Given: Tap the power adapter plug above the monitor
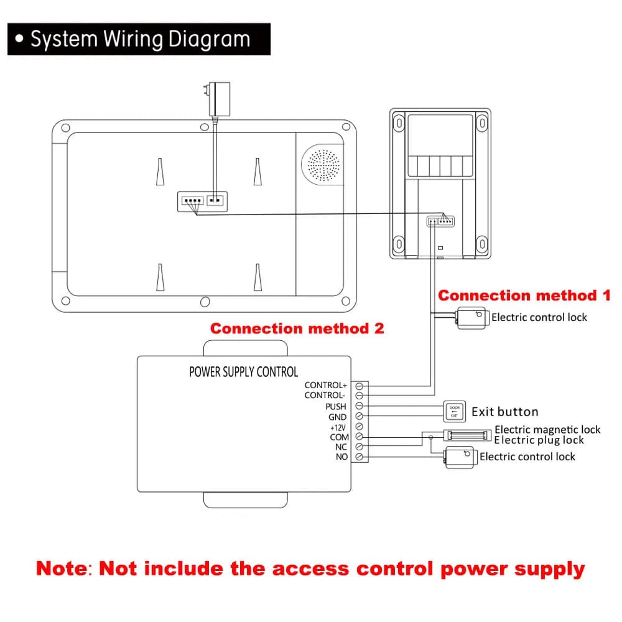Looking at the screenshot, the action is click(x=218, y=99).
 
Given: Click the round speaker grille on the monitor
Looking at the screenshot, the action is click(x=323, y=165).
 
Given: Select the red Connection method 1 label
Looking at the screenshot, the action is click(x=524, y=295).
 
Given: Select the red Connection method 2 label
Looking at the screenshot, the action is click(x=297, y=328).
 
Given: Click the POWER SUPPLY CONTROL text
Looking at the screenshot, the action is click(x=244, y=372).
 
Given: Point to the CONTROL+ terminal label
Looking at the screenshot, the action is click(x=326, y=385).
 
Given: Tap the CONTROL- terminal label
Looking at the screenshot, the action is click(x=325, y=396).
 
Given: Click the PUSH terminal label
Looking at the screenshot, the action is click(x=336, y=407).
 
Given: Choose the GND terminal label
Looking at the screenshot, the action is click(x=337, y=417).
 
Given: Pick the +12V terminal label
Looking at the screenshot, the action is click(x=338, y=428).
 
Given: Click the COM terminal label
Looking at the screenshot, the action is click(x=339, y=437).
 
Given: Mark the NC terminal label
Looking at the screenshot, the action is click(x=341, y=447).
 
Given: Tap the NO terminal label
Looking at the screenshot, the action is click(x=341, y=457).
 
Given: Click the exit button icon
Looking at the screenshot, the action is click(x=455, y=411).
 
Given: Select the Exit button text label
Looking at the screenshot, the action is click(x=505, y=412).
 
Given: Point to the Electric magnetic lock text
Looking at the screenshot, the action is click(x=547, y=430).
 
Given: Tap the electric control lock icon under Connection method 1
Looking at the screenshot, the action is click(x=472, y=318).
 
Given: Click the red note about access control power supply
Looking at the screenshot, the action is click(x=310, y=569).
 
